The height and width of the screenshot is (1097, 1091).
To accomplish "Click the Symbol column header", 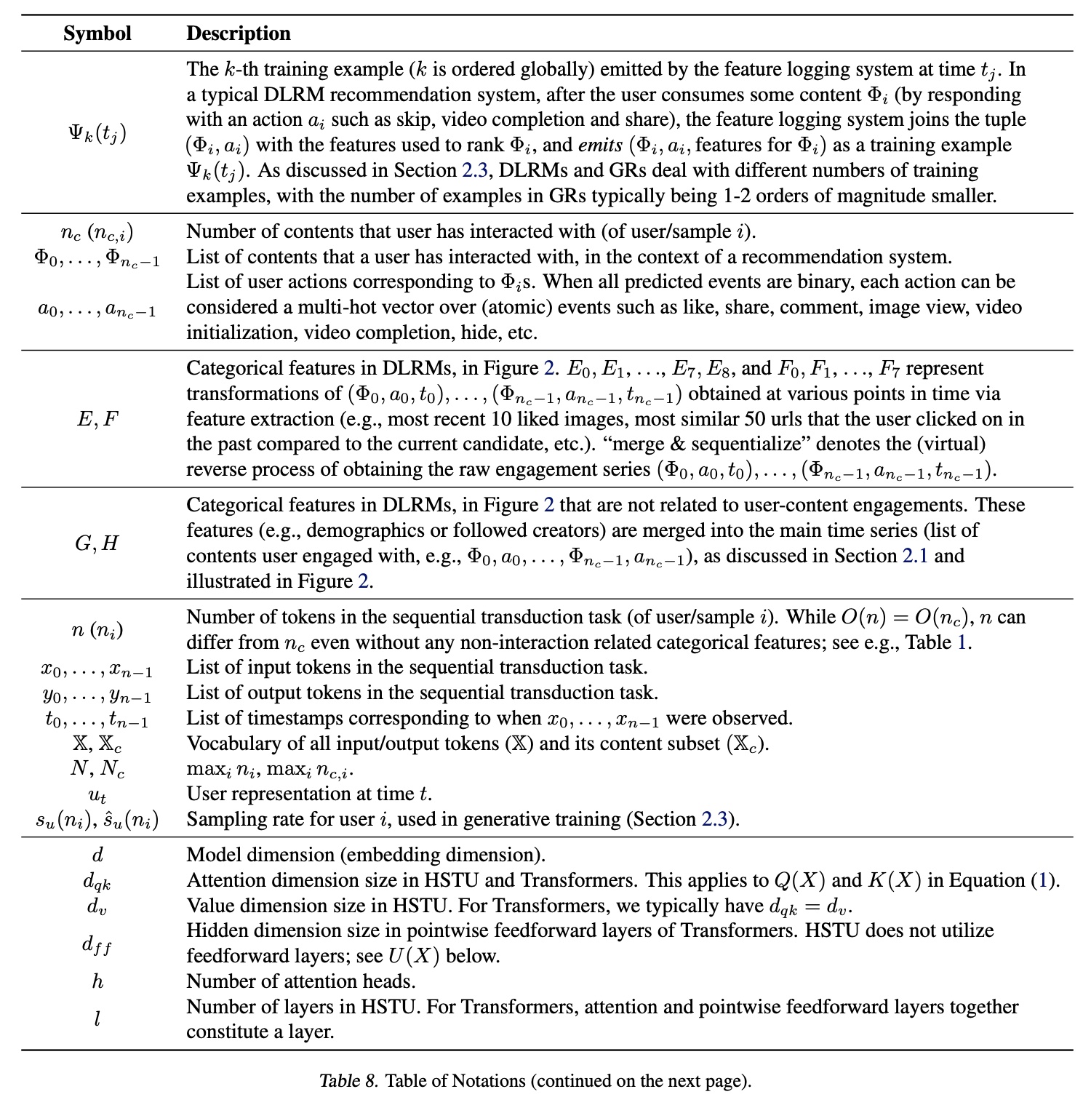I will pyautogui.click(x=97, y=33).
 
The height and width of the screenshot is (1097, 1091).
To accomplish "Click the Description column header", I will pyautogui.click(x=239, y=33).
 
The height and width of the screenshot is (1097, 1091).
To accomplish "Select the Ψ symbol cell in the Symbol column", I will pyautogui.click(x=97, y=132).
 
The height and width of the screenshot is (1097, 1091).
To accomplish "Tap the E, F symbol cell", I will pyautogui.click(x=97, y=419).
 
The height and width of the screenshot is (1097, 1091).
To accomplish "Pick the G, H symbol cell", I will pyautogui.click(x=97, y=543).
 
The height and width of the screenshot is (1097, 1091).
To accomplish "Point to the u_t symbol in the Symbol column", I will pyautogui.click(x=97, y=794).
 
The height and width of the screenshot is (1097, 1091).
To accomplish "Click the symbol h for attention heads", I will pyautogui.click(x=97, y=981).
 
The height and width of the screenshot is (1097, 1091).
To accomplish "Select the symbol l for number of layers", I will pyautogui.click(x=97, y=1019).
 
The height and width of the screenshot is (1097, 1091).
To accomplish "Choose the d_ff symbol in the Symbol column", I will pyautogui.click(x=97, y=944).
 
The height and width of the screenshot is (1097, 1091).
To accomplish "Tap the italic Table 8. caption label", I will pyautogui.click(x=348, y=1081).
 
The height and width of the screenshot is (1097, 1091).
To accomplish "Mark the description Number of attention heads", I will pyautogui.click(x=301, y=981).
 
